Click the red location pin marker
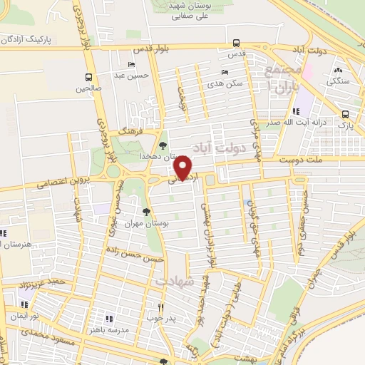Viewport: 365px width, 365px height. coord(184,169)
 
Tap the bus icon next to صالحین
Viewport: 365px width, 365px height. coord(89,77)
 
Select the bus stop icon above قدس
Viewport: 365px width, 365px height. coord(236,43)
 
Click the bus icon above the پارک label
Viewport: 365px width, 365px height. coord(346,114)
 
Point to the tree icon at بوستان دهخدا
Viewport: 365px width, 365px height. coord(163,145)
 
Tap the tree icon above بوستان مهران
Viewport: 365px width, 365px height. coord(146,212)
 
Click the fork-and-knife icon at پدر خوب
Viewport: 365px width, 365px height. coord(161,308)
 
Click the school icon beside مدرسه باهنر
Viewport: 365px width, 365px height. coord(109,318)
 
